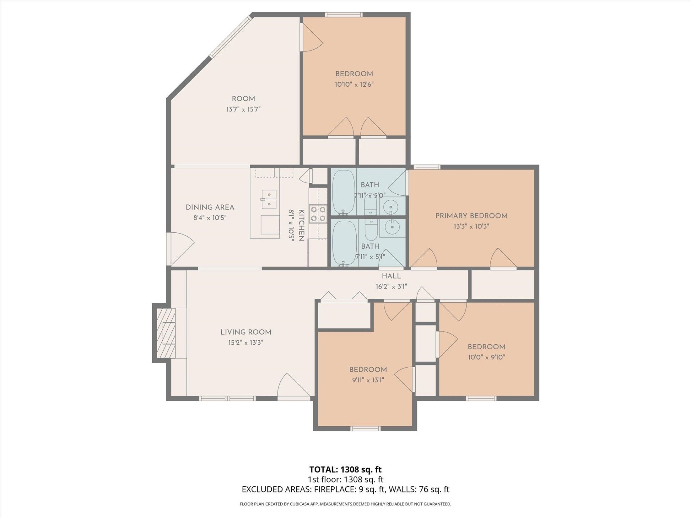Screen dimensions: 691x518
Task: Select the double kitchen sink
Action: click(x=269, y=199)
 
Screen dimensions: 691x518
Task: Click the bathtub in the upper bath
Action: click(x=343, y=192)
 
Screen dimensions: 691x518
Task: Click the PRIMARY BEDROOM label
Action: click(x=471, y=216)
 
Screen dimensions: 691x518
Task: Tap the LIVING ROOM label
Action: click(x=246, y=332)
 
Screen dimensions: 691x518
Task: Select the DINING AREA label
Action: click(x=210, y=208)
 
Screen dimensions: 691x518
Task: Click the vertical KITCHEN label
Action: click(x=302, y=225)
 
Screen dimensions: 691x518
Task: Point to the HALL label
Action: click(x=391, y=276)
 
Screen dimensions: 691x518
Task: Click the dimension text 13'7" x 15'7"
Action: click(x=243, y=109)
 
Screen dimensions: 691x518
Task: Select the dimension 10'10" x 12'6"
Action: click(x=354, y=85)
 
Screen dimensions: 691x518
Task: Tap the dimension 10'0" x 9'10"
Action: click(x=487, y=358)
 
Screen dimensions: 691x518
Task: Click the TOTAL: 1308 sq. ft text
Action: click(x=345, y=469)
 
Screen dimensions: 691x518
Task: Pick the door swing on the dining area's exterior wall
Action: click(x=180, y=249)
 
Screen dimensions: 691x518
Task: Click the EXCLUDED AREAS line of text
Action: click(x=345, y=489)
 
